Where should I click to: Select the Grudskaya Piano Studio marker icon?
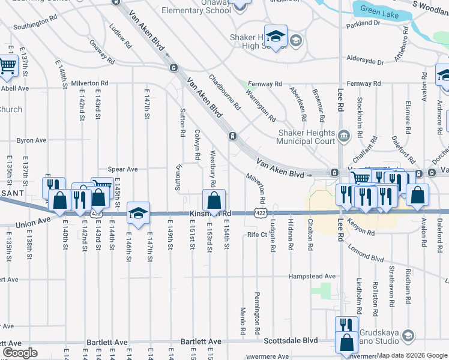point(408,334)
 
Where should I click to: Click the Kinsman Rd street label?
point(210,214)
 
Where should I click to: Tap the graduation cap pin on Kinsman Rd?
point(138,213)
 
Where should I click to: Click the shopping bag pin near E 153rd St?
point(213,200)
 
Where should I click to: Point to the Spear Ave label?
point(122,170)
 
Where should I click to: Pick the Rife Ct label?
point(256,234)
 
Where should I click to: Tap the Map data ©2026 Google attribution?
point(411,355)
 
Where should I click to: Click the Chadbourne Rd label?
point(224,92)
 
